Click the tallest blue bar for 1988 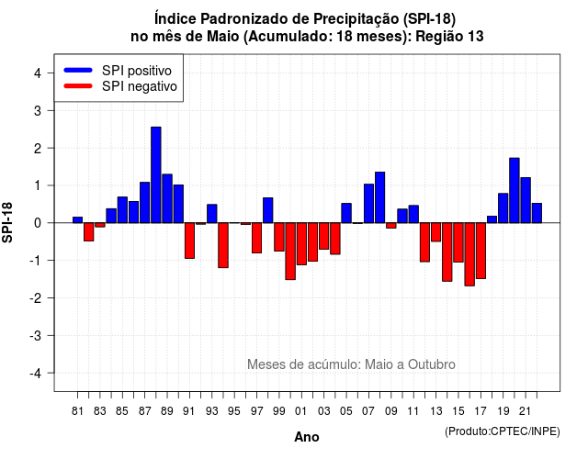(156, 175)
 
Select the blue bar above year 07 (368, 204)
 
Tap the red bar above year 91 (190, 241)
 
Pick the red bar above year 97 (257, 238)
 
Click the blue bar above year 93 (212, 214)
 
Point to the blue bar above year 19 (503, 208)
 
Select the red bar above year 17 (481, 251)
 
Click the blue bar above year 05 (346, 213)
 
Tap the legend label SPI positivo (137, 71)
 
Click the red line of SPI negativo (78, 86)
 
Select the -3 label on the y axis (36, 336)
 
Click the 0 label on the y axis (38, 223)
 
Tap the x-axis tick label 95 (234, 411)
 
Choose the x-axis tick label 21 (526, 411)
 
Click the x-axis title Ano (306, 437)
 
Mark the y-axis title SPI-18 (7, 222)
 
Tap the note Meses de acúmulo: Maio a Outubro (351, 364)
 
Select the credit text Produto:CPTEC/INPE (503, 431)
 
